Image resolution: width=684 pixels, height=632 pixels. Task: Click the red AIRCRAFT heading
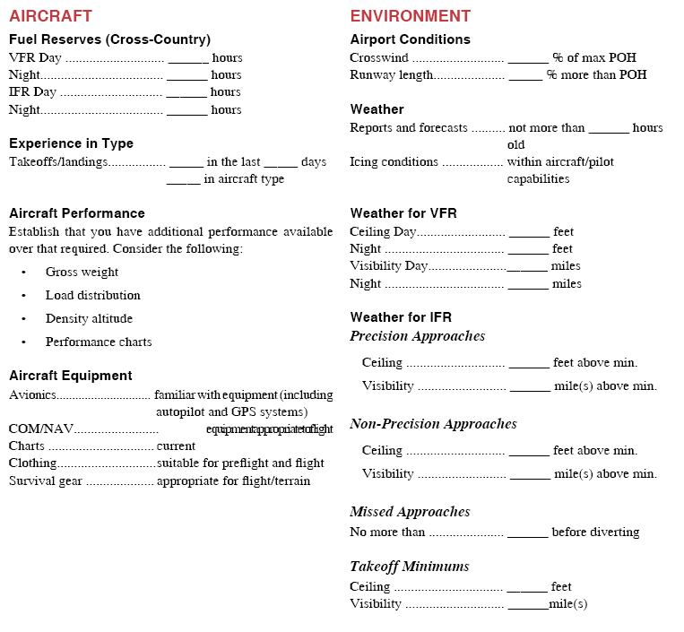pos(50,15)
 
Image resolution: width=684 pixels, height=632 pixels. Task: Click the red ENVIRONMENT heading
pos(410,15)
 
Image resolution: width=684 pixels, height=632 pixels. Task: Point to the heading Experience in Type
pos(71,143)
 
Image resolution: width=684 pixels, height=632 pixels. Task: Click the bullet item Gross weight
pos(82,272)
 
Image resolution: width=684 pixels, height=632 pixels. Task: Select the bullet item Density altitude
pos(89,318)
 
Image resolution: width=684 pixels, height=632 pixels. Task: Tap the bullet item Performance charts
pos(99,342)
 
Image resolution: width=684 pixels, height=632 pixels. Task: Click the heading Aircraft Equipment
pos(70,376)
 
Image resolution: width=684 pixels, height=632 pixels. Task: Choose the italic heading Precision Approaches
pos(417,336)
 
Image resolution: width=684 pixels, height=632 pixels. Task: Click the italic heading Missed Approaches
pos(410,512)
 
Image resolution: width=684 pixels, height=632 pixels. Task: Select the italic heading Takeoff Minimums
pos(409,566)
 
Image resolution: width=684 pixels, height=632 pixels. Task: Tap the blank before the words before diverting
pos(528,533)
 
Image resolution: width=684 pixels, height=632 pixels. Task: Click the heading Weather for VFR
pos(403,213)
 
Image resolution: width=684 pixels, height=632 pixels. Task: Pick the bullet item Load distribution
pos(92,295)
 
